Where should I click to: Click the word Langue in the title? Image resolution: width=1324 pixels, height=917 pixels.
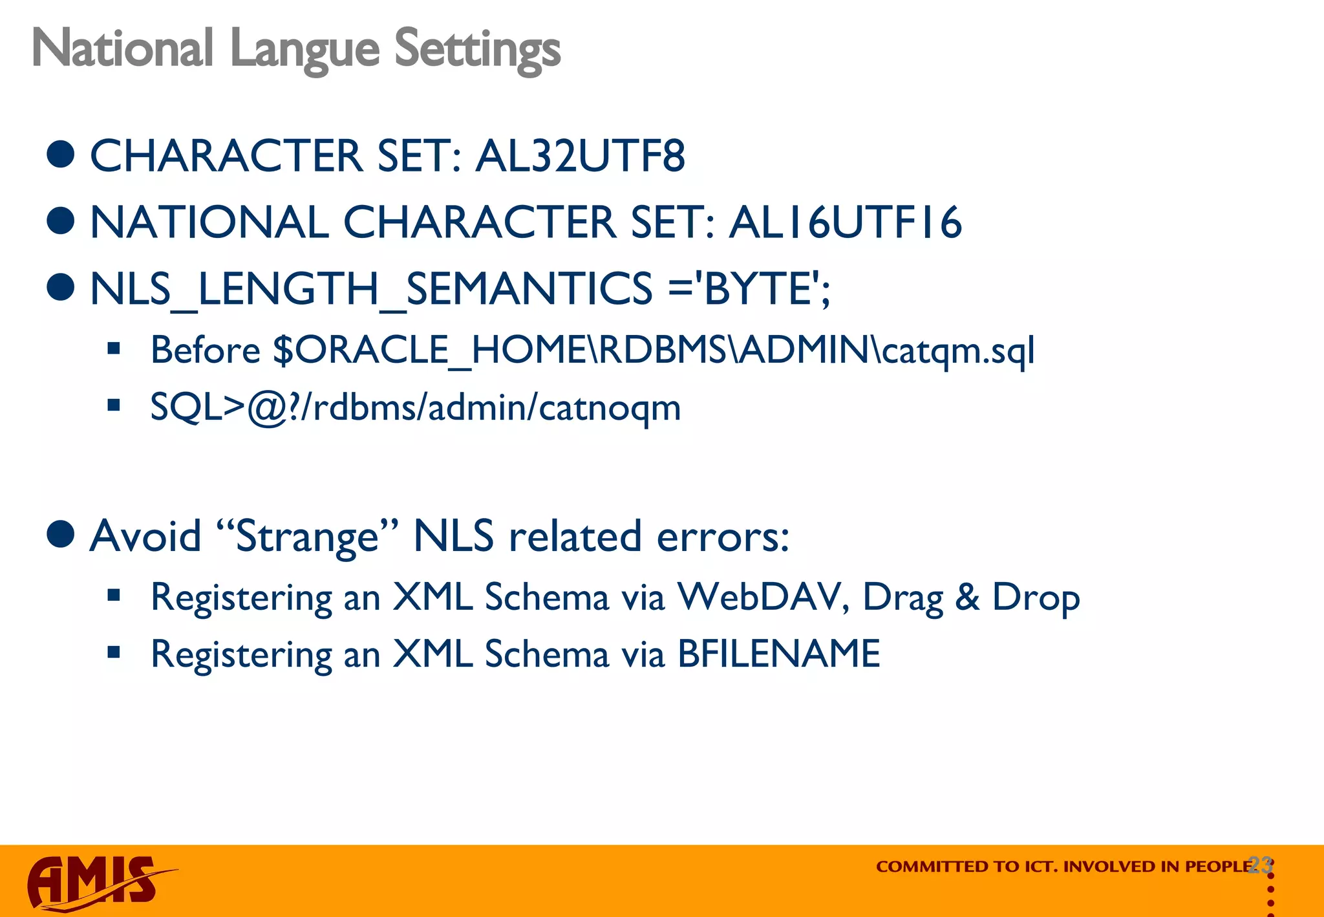[x=304, y=49]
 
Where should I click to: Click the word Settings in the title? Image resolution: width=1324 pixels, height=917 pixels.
[x=477, y=49]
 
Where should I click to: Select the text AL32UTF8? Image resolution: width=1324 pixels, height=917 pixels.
[x=580, y=156]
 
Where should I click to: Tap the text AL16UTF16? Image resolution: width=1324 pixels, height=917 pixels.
[x=845, y=222]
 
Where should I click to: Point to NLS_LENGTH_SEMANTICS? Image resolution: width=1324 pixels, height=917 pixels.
[x=371, y=288]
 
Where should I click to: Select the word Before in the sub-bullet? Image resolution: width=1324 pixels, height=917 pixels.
[x=205, y=350]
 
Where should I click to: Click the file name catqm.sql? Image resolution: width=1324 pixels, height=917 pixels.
[x=958, y=350]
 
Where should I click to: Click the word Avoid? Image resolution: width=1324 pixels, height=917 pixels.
[x=145, y=536]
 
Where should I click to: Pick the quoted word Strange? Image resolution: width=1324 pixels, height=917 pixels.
[x=306, y=536]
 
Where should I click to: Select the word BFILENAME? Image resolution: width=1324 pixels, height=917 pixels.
[x=778, y=653]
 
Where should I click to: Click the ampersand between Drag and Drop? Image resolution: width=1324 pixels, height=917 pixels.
[x=967, y=596]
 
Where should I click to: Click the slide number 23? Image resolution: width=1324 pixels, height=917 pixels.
[x=1260, y=865]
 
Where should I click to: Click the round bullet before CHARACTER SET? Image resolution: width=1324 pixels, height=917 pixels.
[x=61, y=155]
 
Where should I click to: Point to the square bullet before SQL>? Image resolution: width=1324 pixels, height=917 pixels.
[x=114, y=406]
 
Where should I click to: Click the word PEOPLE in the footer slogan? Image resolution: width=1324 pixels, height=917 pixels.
[x=1219, y=867]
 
